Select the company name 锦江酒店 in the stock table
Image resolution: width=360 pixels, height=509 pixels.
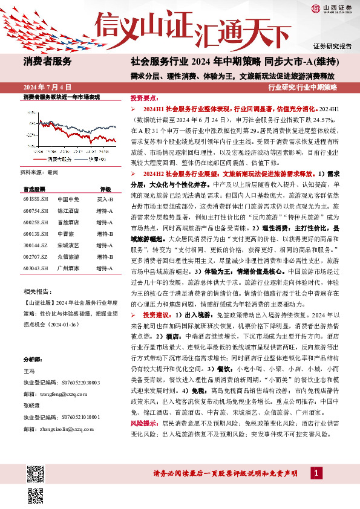68,210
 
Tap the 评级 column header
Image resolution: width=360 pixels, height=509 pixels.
105,189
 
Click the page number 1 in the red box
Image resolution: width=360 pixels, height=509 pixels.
315,473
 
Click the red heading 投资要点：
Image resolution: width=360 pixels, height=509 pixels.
145,98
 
